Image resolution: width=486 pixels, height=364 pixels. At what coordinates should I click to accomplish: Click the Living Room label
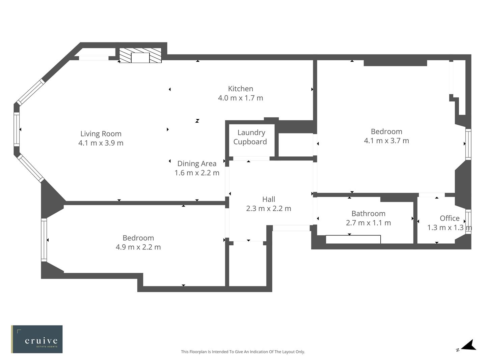[x=101, y=134]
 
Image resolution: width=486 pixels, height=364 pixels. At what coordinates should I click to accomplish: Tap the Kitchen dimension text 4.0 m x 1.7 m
[x=240, y=98]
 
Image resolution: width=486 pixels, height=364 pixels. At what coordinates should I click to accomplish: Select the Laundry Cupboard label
[x=250, y=137]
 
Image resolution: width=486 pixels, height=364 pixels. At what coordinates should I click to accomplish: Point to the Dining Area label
[x=197, y=163]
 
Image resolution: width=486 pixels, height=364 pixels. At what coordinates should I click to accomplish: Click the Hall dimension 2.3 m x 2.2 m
[x=268, y=209]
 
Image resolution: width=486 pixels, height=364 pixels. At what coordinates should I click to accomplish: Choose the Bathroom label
[x=368, y=214]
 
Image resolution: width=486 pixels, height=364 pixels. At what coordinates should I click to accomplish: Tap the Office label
[x=449, y=218]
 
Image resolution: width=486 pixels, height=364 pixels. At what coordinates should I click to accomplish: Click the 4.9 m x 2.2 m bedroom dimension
[x=138, y=247]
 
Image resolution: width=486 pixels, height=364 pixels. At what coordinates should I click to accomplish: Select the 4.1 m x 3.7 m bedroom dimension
[x=386, y=141]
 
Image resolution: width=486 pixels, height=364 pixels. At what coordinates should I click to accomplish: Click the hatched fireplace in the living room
[x=140, y=56]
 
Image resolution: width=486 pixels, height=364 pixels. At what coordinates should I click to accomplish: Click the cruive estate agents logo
[x=37, y=339]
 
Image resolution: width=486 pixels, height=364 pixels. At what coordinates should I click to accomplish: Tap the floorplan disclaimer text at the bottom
[x=243, y=352]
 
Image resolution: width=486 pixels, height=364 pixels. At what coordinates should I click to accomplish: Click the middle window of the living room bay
[x=17, y=129]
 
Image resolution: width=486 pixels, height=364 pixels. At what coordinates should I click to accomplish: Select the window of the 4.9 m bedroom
[x=44, y=240]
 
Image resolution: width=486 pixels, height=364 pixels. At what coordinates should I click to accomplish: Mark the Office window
[x=468, y=221]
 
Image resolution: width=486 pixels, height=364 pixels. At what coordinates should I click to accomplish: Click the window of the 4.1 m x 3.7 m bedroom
[x=468, y=144]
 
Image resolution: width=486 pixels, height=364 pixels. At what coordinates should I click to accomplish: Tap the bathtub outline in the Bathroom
[x=353, y=239]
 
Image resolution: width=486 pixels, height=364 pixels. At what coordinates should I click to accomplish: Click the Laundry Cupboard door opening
[x=251, y=158]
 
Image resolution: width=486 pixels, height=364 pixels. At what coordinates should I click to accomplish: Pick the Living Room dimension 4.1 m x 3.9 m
[x=101, y=143]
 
